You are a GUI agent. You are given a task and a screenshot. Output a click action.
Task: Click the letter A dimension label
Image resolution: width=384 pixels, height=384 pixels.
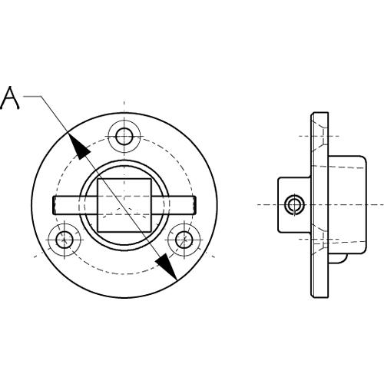(x=10, y=98)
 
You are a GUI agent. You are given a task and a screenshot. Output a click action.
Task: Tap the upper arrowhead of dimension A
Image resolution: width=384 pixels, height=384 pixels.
(x=78, y=147)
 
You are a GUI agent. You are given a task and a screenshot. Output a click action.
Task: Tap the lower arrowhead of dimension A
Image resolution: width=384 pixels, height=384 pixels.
(x=167, y=266)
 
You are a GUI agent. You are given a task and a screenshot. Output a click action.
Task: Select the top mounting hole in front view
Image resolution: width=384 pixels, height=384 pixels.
(x=124, y=137)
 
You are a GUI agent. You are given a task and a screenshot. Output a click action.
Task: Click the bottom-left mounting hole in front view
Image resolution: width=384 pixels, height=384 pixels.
(x=65, y=240)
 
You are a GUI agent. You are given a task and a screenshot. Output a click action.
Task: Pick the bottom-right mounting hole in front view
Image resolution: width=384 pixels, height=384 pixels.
(x=184, y=240)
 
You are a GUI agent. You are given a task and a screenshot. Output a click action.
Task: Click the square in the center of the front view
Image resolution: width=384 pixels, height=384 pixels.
(x=124, y=205)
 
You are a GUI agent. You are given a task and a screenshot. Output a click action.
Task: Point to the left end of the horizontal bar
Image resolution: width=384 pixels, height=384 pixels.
(x=53, y=205)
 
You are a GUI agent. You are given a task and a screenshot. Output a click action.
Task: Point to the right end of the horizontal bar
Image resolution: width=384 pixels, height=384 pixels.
(x=195, y=205)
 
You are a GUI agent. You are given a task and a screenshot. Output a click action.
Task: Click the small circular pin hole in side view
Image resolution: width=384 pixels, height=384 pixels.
(x=294, y=205)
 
